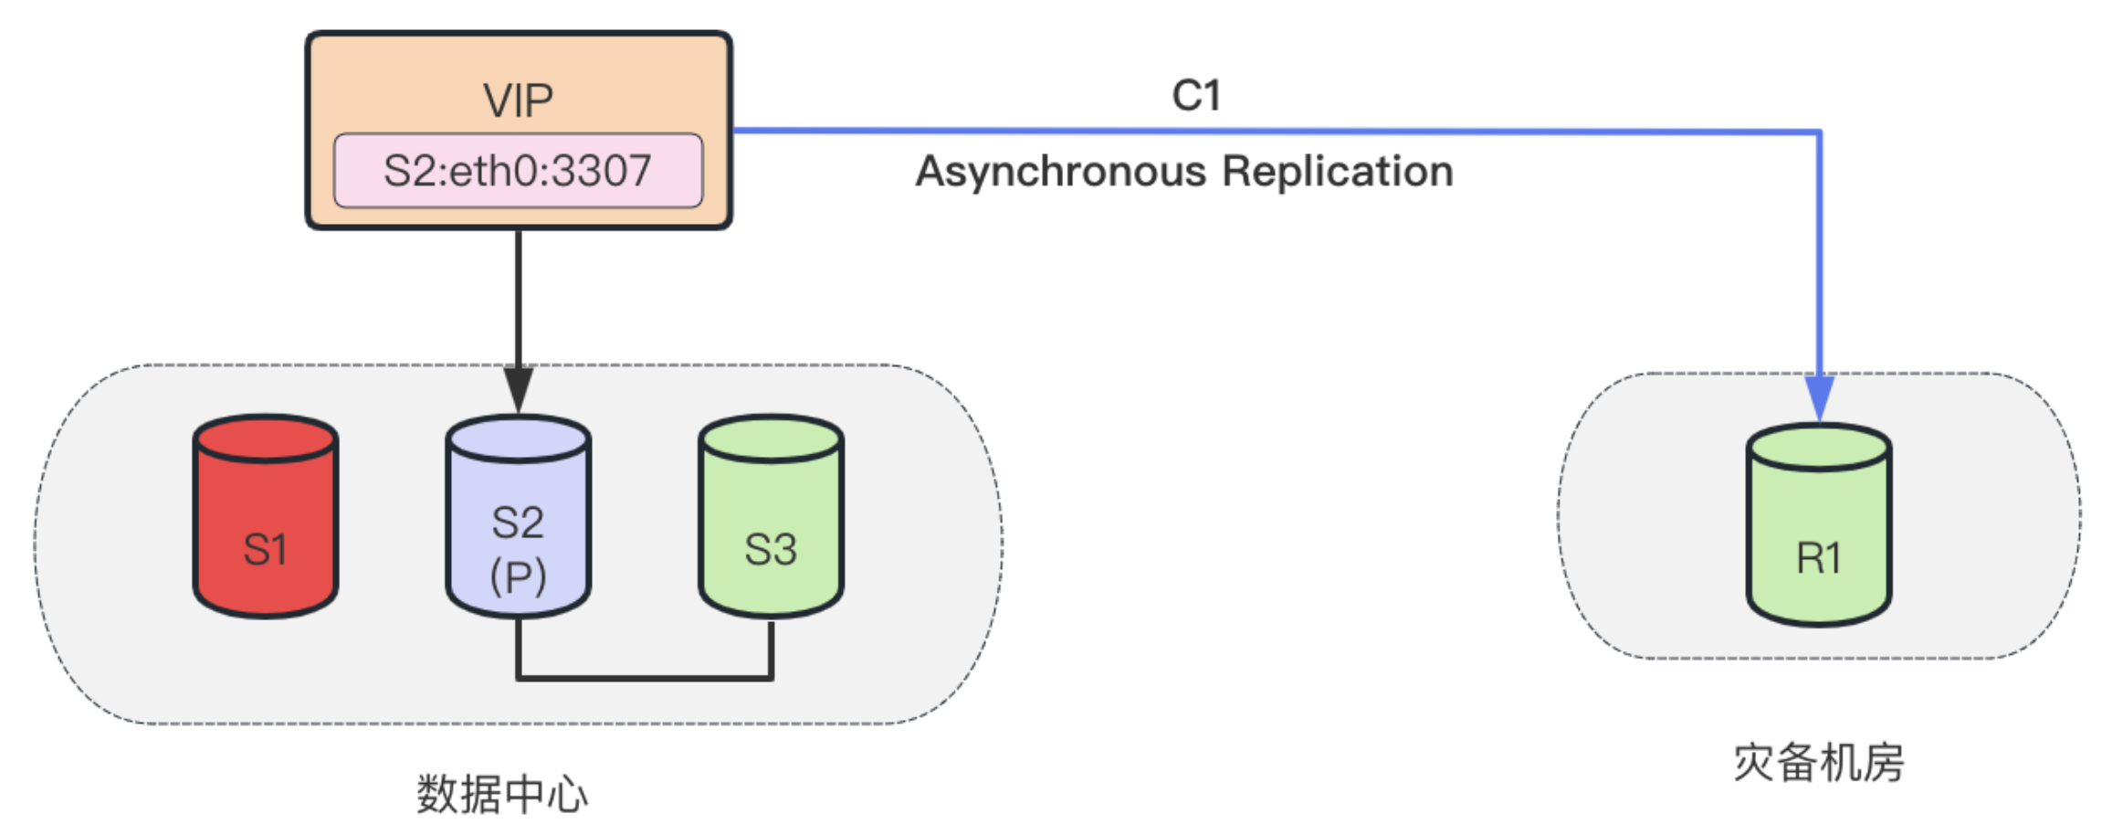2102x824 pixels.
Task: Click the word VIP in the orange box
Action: (518, 100)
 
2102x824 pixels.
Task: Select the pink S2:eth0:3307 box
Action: (518, 171)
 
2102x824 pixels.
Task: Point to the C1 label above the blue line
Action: (1196, 95)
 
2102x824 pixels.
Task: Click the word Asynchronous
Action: (1061, 172)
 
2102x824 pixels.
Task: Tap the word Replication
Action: (1338, 172)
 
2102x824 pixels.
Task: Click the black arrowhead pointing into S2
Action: (518, 388)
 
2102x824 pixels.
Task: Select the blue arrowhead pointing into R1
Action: (1819, 396)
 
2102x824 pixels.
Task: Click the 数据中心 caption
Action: (501, 794)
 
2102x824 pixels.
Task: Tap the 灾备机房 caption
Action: (1818, 763)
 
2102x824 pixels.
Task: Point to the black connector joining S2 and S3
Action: (645, 678)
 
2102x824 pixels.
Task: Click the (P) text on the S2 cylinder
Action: (518, 576)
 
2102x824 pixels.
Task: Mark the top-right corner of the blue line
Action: (1819, 132)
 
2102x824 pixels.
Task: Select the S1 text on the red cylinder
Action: (266, 549)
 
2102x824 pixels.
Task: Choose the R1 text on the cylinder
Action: (1818, 557)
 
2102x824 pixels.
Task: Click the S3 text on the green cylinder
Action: (771, 549)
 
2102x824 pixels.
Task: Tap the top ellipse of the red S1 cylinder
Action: (266, 439)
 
